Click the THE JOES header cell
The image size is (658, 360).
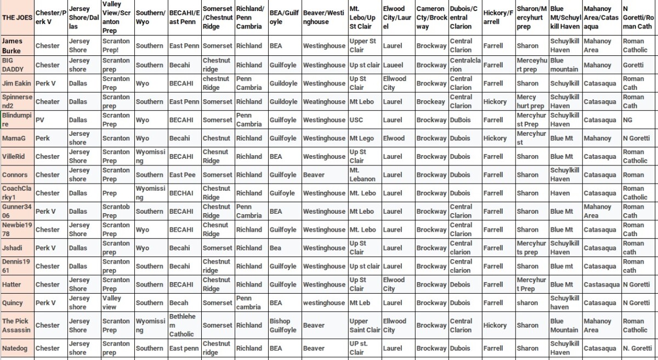pos(17,18)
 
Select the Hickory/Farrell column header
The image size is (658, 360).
pos(498,18)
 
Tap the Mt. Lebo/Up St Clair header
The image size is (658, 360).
pos(365,18)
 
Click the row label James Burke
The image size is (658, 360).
pos(17,46)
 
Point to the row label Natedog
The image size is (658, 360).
pos(17,348)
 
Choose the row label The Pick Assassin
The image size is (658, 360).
pos(17,325)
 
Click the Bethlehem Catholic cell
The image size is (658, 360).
pos(184,325)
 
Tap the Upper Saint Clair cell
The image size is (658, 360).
pos(365,325)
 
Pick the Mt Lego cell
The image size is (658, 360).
pos(365,139)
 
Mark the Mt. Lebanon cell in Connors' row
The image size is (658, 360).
pos(365,175)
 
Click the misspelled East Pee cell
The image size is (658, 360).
pos(184,175)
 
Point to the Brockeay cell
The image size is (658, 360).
pos(431,102)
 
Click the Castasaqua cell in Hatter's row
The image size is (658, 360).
pos(601,284)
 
